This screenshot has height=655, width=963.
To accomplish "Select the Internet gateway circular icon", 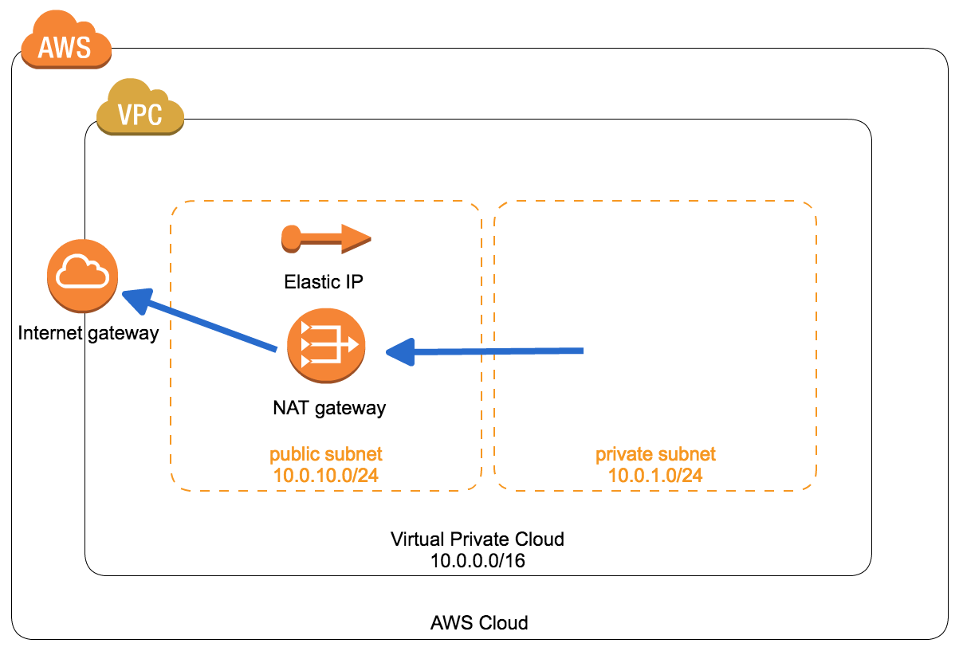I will (83, 277).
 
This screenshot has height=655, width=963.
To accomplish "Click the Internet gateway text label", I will (88, 333).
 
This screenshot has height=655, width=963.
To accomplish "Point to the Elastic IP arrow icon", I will (326, 237).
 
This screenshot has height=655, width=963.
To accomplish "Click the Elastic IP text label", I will (324, 282).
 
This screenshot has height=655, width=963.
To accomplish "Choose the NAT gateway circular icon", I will (326, 344).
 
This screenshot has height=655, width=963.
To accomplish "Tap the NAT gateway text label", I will (328, 408).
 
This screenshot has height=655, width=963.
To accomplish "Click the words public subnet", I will (325, 454).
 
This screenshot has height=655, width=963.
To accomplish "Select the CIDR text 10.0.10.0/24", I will (325, 475).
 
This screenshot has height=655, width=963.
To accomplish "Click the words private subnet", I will (655, 454).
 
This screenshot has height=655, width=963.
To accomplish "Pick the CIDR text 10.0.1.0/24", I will (655, 475).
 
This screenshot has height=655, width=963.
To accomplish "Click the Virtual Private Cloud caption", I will (478, 539).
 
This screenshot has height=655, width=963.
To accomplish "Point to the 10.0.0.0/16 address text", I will (478, 560).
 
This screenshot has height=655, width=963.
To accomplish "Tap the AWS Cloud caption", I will (478, 622).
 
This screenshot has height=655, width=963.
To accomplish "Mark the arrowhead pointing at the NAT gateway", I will (401, 351).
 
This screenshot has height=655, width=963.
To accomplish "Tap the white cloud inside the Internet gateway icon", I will (83, 274).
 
